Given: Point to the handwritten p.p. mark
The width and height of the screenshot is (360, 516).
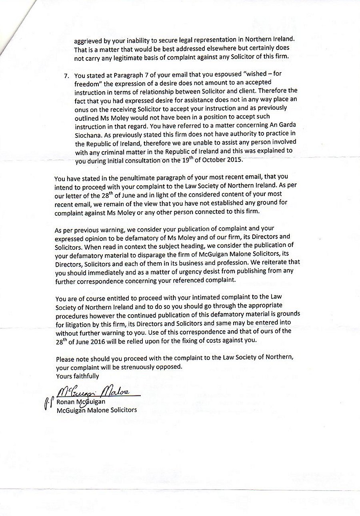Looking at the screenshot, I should [x=47, y=403].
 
